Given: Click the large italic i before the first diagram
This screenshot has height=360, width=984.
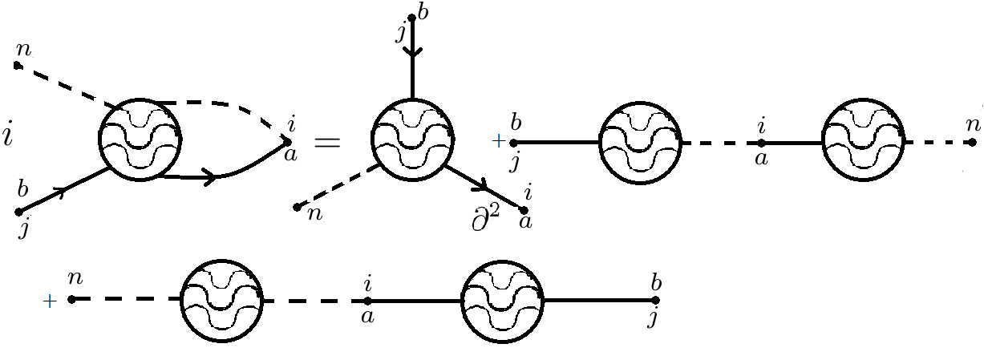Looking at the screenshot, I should pos(8,136).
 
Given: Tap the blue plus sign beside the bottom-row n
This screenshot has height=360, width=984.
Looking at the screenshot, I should pos(50,301).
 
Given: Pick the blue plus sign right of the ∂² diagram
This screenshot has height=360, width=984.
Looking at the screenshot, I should pos(499,142).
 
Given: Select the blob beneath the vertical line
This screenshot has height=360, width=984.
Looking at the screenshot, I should pos(412,139).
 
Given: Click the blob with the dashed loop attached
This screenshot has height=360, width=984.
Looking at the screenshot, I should pos(140,140).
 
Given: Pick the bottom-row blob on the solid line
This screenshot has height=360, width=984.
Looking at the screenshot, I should pos(504,301).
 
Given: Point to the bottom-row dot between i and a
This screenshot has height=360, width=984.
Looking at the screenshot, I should pos(367,301).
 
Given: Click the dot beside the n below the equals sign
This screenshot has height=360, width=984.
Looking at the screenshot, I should pos(298,207).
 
